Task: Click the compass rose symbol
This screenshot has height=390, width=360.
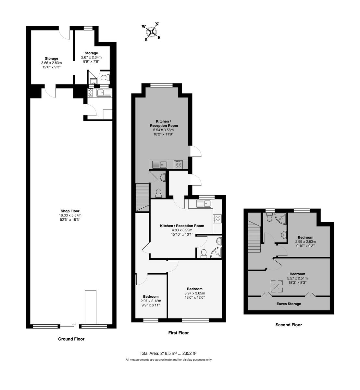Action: [151, 32]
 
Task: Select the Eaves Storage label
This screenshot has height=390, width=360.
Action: [289, 304]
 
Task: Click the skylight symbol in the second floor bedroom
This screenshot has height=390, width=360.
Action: [277, 286]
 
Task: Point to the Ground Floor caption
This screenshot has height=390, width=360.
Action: [71, 339]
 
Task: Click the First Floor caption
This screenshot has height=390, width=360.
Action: [178, 333]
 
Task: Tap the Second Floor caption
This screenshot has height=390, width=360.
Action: [289, 325]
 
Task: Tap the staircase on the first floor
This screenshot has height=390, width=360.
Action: [142, 197]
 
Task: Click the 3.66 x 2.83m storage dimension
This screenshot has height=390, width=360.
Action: [51, 63]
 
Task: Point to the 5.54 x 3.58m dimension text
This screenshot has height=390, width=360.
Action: [164, 130]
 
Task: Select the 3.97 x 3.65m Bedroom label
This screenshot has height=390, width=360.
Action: [194, 289]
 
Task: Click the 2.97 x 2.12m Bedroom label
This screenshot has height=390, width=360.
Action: [151, 297]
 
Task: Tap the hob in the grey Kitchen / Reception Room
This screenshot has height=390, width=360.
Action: [178, 164]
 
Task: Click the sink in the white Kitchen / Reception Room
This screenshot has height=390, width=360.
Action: [204, 204]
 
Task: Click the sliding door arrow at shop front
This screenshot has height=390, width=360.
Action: [74, 324]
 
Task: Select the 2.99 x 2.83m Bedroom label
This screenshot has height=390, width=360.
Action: [305, 237]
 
